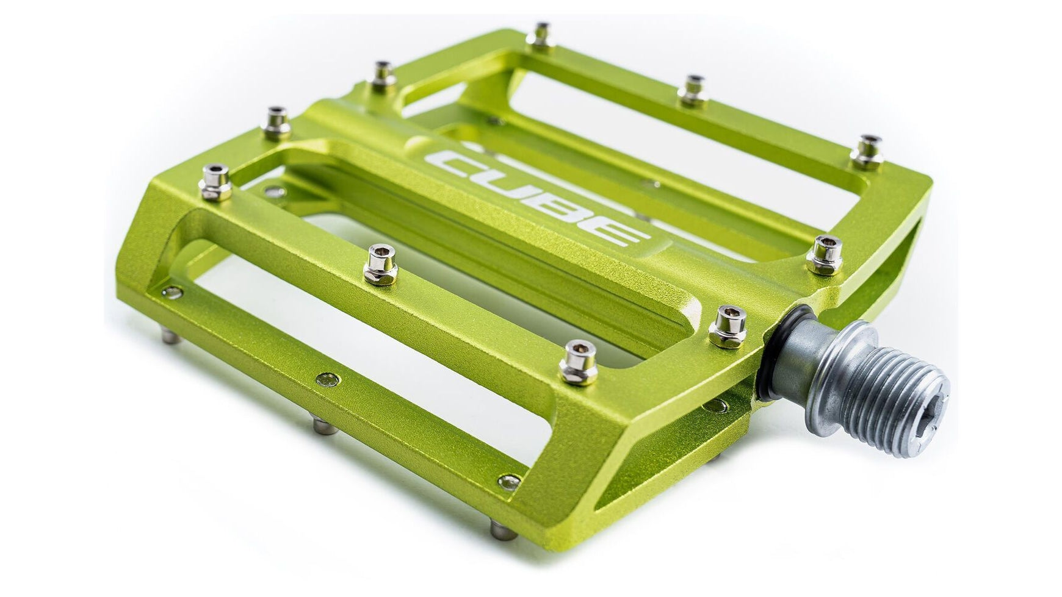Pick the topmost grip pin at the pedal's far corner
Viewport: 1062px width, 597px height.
(x=540, y=35)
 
